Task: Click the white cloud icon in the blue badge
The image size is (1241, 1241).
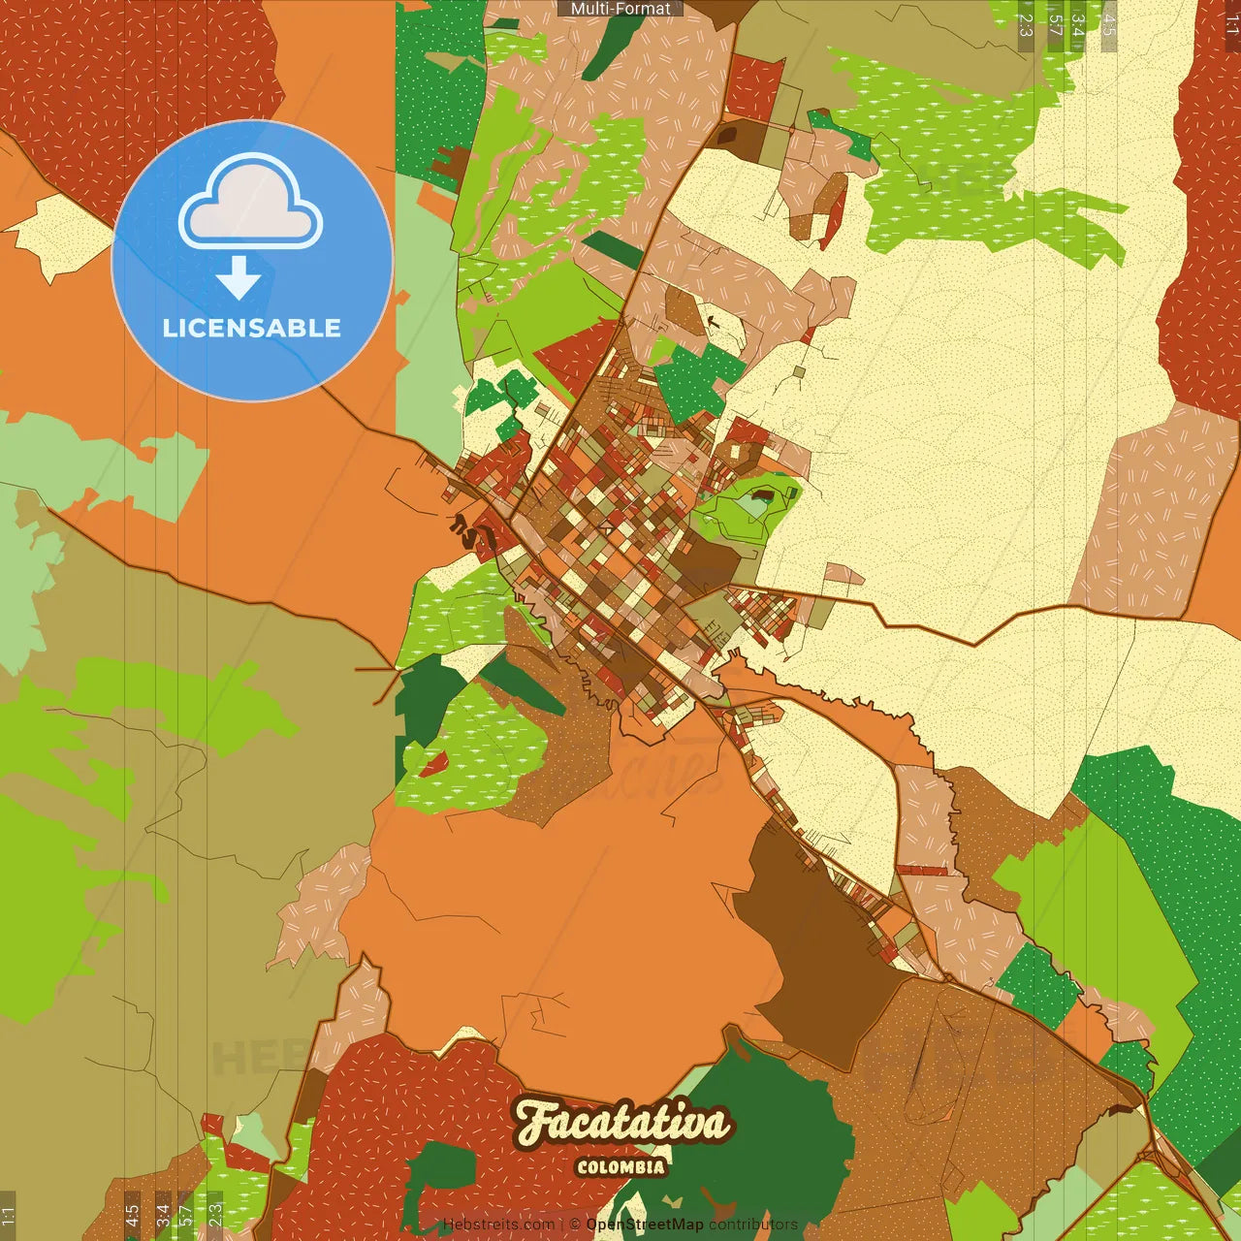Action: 250,206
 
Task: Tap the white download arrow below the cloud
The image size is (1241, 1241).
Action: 239,278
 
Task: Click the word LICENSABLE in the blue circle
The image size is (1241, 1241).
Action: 251,328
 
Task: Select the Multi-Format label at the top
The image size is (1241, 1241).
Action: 620,9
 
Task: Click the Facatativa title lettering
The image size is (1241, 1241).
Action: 620,1123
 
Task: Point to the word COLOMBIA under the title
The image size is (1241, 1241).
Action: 620,1167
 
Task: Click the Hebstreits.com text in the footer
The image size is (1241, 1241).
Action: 498,1225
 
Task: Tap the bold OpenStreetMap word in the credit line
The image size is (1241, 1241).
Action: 645,1225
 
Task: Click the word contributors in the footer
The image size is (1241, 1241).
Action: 753,1225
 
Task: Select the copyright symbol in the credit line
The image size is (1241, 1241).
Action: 575,1225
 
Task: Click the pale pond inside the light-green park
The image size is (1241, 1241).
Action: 753,505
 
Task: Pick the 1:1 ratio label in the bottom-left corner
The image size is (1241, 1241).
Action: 8,1216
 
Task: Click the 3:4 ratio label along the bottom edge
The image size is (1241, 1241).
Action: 163,1216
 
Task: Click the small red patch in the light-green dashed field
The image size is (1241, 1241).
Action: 433,765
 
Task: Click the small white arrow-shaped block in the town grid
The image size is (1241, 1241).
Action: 606,529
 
